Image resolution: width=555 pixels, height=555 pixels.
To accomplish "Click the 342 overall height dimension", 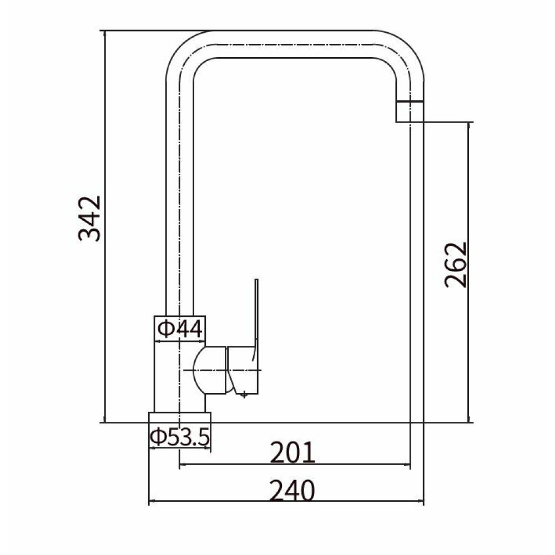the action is point(89,218).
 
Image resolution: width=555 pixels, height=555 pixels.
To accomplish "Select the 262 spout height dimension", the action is point(456,264).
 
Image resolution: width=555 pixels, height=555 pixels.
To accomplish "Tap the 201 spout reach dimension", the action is point(292,452).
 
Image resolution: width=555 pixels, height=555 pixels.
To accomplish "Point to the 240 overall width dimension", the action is point(292,491).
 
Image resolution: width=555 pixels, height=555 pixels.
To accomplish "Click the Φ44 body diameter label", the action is point(180,329).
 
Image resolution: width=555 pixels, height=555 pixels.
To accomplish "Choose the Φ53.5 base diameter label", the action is point(180,437).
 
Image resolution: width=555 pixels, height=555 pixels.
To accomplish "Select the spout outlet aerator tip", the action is point(410,112).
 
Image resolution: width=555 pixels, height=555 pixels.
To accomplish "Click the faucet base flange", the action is point(180,417).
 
